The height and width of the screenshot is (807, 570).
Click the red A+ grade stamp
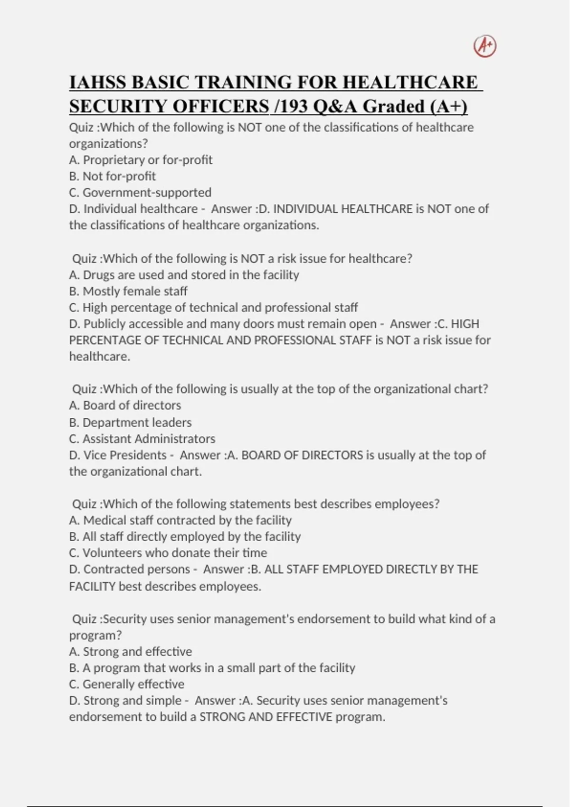pos(485,47)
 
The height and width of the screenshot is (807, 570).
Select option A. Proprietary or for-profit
pos(141,160)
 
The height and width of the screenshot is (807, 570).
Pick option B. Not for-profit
pos(112,176)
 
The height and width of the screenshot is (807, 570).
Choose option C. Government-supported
pos(140,193)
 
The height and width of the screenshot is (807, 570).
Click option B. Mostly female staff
pos(128,291)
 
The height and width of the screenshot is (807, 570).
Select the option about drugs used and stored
pos(184,275)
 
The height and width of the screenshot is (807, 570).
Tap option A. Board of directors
pos(125,405)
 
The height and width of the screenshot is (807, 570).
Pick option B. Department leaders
pos(130,422)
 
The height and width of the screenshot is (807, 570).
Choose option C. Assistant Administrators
pos(142,439)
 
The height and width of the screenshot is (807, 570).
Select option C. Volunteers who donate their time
pos(168,553)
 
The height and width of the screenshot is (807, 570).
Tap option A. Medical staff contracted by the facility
pos(180,520)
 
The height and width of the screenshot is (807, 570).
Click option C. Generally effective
pos(126,684)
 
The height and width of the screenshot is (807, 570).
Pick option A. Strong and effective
pos(130,652)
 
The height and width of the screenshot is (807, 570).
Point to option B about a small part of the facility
pos(212,668)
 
